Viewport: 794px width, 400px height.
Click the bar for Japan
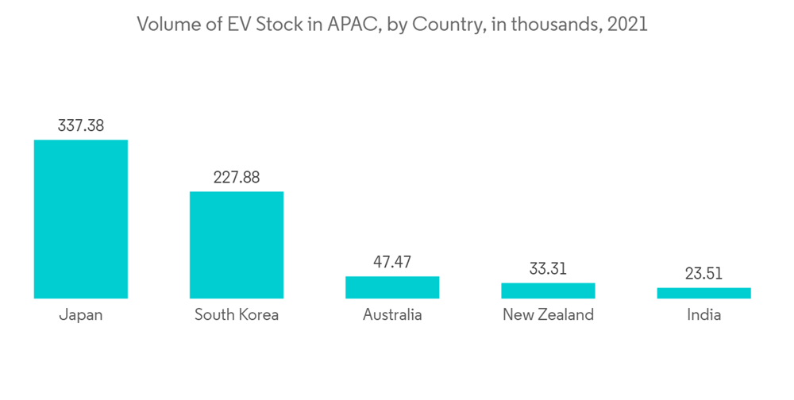pyautogui.click(x=80, y=219)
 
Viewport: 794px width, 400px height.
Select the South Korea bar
pyautogui.click(x=236, y=244)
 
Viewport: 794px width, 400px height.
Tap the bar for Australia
pyautogui.click(x=392, y=287)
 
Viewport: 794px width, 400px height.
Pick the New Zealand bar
pyautogui.click(x=548, y=290)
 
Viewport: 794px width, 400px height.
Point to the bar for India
pyautogui.click(x=703, y=293)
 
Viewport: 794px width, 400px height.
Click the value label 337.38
pyautogui.click(x=81, y=125)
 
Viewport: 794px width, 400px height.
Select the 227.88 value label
pyautogui.click(x=236, y=177)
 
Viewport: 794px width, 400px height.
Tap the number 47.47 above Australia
pyautogui.click(x=392, y=262)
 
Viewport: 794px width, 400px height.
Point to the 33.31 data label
pyautogui.click(x=548, y=268)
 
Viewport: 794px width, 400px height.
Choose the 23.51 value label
pyautogui.click(x=703, y=274)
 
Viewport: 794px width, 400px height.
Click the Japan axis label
pyautogui.click(x=81, y=315)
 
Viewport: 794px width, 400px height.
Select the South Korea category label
pyautogui.click(x=237, y=315)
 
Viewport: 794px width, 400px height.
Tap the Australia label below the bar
pyautogui.click(x=392, y=315)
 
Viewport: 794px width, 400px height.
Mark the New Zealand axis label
pyautogui.click(x=548, y=315)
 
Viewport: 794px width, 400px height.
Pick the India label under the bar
pyautogui.click(x=703, y=315)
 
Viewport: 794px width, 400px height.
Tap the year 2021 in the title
pyautogui.click(x=627, y=25)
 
